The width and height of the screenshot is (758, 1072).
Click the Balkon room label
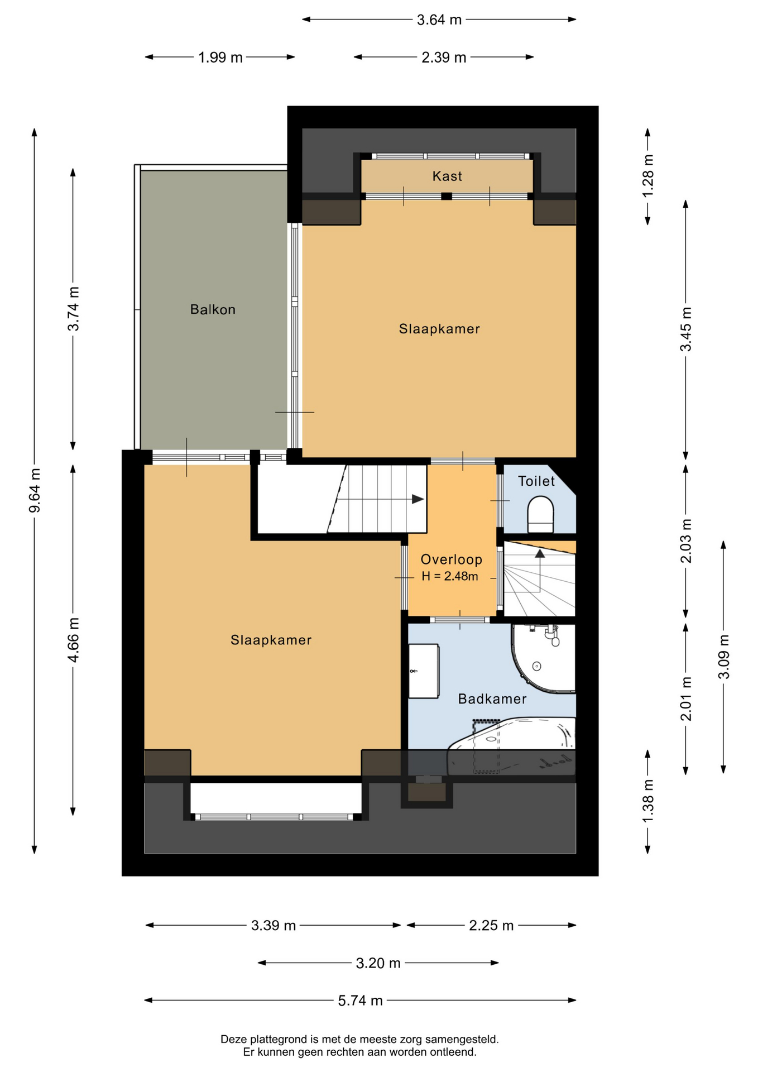[x=213, y=309]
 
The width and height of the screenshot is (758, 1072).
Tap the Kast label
[x=447, y=176]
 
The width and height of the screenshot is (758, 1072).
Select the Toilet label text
[x=536, y=481]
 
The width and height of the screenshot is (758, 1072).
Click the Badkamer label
[x=492, y=698]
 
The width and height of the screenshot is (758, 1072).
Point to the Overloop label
[x=451, y=559]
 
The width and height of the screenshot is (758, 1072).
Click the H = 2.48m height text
[x=450, y=576]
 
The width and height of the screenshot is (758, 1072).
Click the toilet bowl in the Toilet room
[x=540, y=515]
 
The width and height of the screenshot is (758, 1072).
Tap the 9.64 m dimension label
[x=35, y=490]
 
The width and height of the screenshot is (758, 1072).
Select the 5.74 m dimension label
[x=361, y=1001]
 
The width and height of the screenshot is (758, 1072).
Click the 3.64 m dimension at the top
[x=439, y=20]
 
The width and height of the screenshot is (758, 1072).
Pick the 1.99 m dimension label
[x=220, y=58]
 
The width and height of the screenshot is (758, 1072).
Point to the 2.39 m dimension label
[x=444, y=58]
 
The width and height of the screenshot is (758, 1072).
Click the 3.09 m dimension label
[x=723, y=657]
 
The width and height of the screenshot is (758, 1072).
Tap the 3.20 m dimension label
[x=378, y=963]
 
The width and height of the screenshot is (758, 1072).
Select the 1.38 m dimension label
[x=648, y=801]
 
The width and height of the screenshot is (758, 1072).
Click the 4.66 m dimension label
[x=73, y=640]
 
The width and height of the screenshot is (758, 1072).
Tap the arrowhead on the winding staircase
[x=540, y=553]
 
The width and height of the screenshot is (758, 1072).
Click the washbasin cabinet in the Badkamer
[x=424, y=671]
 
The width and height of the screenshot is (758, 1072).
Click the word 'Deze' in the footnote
[x=234, y=1040]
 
